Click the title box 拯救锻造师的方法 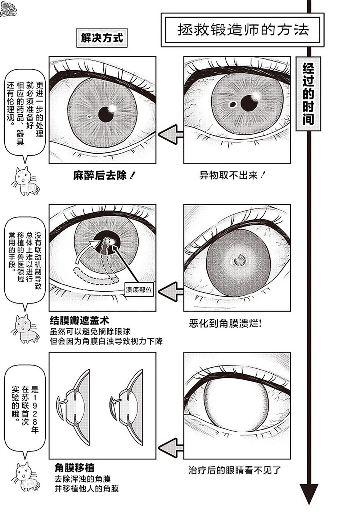(243, 30)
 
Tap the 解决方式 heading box (102, 38)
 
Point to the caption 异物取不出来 (232, 176)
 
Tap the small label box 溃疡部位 (139, 289)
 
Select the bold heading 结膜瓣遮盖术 (80, 320)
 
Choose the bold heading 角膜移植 (75, 467)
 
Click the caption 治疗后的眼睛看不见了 (234, 470)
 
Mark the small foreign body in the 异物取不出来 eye (233, 105)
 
